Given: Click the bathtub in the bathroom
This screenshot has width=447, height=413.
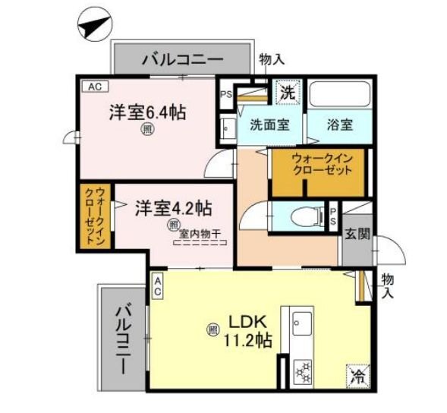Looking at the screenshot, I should [x=338, y=93].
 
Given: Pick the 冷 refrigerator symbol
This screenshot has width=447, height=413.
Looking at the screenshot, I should [x=356, y=376].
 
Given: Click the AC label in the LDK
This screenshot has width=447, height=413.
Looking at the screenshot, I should [x=158, y=285].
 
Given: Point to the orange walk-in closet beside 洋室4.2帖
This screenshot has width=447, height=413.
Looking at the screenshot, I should [x=94, y=216].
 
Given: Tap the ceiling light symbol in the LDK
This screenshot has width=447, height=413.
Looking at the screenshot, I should [x=212, y=329].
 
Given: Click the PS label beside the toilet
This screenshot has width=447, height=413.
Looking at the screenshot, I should [x=333, y=215].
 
